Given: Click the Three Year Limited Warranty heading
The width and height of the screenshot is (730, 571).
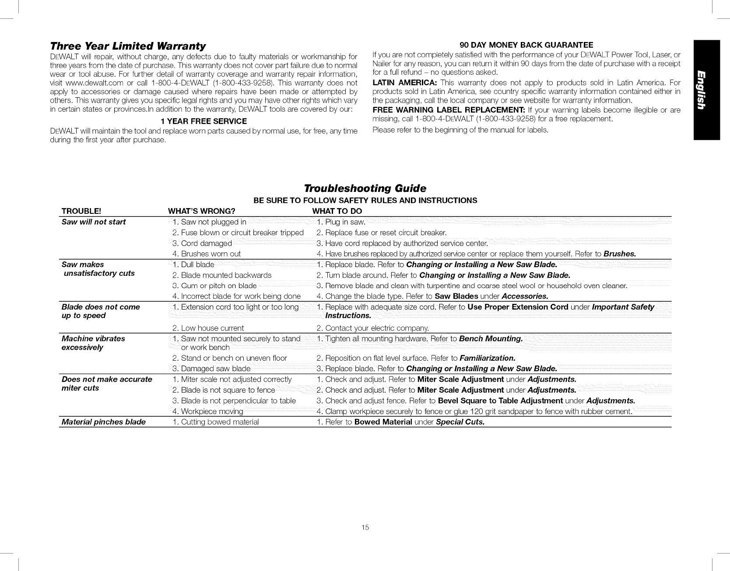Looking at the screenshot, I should point(128,46).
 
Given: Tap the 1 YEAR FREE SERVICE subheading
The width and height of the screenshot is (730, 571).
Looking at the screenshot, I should point(204,121).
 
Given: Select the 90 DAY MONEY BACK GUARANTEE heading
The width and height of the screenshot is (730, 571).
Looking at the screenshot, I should point(526,45).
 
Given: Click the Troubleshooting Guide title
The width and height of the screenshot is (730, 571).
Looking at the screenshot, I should point(365,188).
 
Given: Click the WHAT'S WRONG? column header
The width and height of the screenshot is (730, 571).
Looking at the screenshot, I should point(202,212).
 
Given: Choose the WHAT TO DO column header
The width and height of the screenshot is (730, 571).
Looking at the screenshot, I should point(337,212).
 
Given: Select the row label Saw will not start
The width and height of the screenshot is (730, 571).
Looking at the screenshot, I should point(94,222).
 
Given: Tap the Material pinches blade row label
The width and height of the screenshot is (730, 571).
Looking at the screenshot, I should point(104,422).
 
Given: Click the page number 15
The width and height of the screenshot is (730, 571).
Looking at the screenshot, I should point(365,528).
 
